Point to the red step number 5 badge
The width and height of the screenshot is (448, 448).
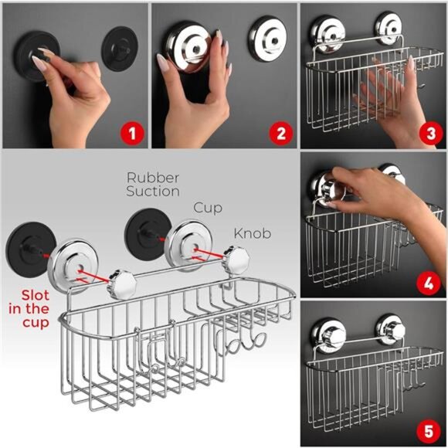pos(429,429)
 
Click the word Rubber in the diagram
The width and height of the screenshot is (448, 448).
pos(153,177)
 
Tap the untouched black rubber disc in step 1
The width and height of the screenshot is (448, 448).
pos(118,49)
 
